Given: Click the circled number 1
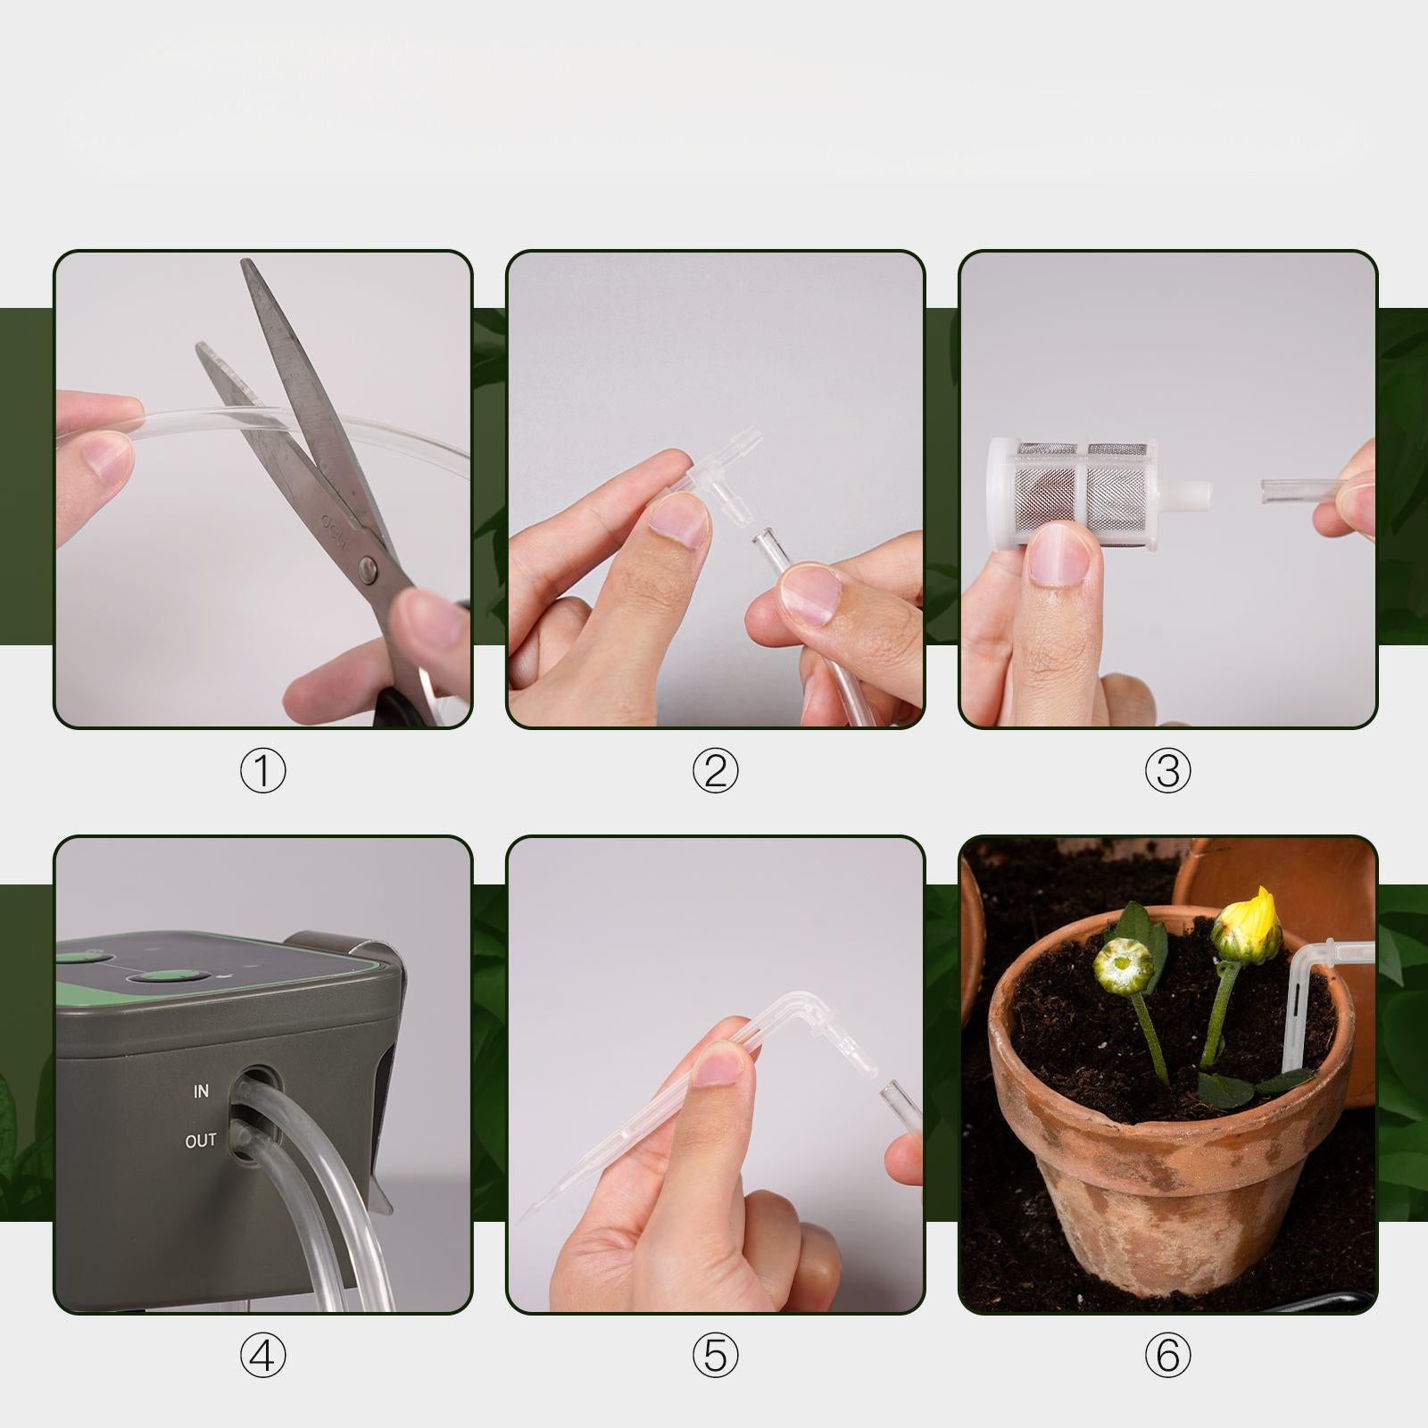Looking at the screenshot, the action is (x=262, y=771).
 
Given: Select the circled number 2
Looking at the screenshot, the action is (x=715, y=771).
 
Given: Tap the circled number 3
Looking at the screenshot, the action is (x=1167, y=771).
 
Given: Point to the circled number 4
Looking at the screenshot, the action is (x=262, y=1356).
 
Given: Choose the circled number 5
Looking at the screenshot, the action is (x=715, y=1356).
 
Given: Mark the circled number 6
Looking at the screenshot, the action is (x=1167, y=1356).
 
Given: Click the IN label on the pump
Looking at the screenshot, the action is (x=201, y=1092).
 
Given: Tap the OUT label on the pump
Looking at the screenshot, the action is (x=201, y=1142).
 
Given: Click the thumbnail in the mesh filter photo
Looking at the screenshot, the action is (x=1062, y=554).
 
